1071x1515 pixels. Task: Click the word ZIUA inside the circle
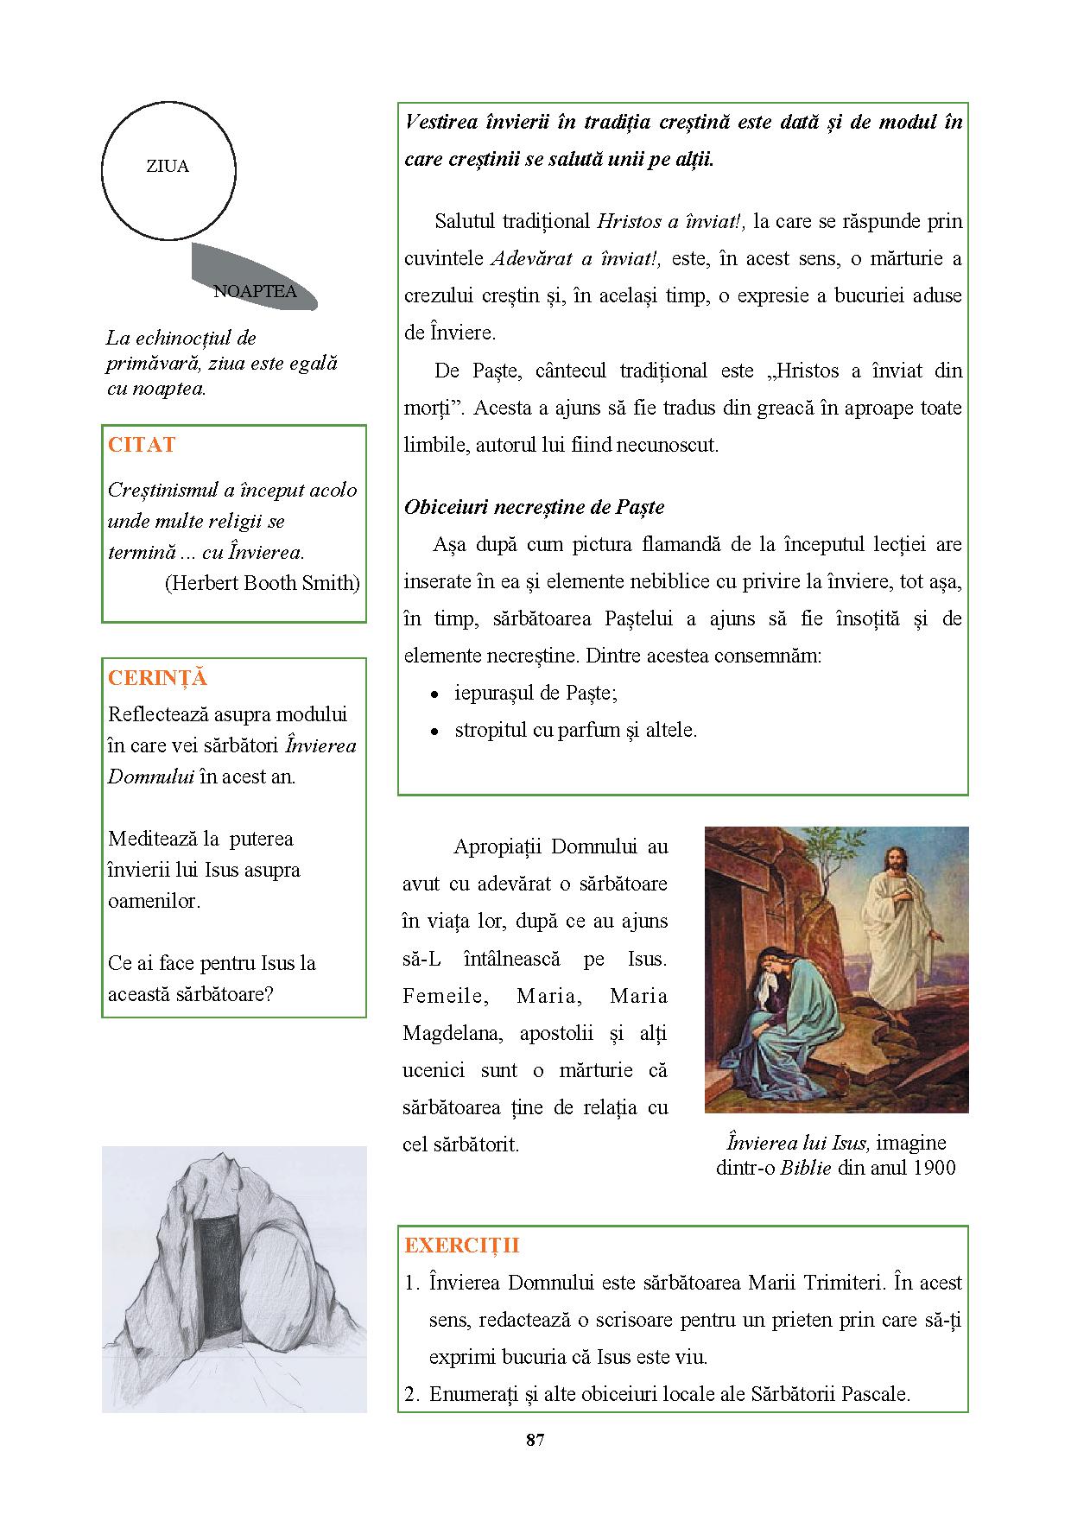[x=168, y=167]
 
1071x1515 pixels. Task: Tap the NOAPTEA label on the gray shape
[x=255, y=291]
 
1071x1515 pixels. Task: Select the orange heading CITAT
[x=142, y=445]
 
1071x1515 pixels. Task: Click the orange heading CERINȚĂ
[x=157, y=678]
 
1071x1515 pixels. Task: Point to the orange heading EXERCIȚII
[x=462, y=1246]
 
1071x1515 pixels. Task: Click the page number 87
[x=535, y=1440]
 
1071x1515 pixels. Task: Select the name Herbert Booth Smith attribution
[x=262, y=583]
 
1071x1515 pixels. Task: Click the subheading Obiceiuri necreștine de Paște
[x=534, y=507]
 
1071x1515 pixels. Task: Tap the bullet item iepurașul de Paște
[x=535, y=693]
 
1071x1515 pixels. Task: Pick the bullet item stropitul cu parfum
[x=576, y=730]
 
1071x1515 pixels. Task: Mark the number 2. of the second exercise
[x=411, y=1394]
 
